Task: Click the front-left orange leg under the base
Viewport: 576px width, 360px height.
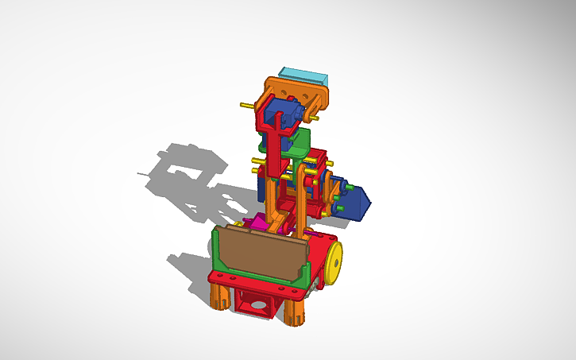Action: tap(218, 298)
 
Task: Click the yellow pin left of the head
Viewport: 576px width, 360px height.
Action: tap(245, 105)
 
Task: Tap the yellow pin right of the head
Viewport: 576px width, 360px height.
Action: tap(315, 120)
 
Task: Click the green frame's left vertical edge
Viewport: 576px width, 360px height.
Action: tap(215, 250)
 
